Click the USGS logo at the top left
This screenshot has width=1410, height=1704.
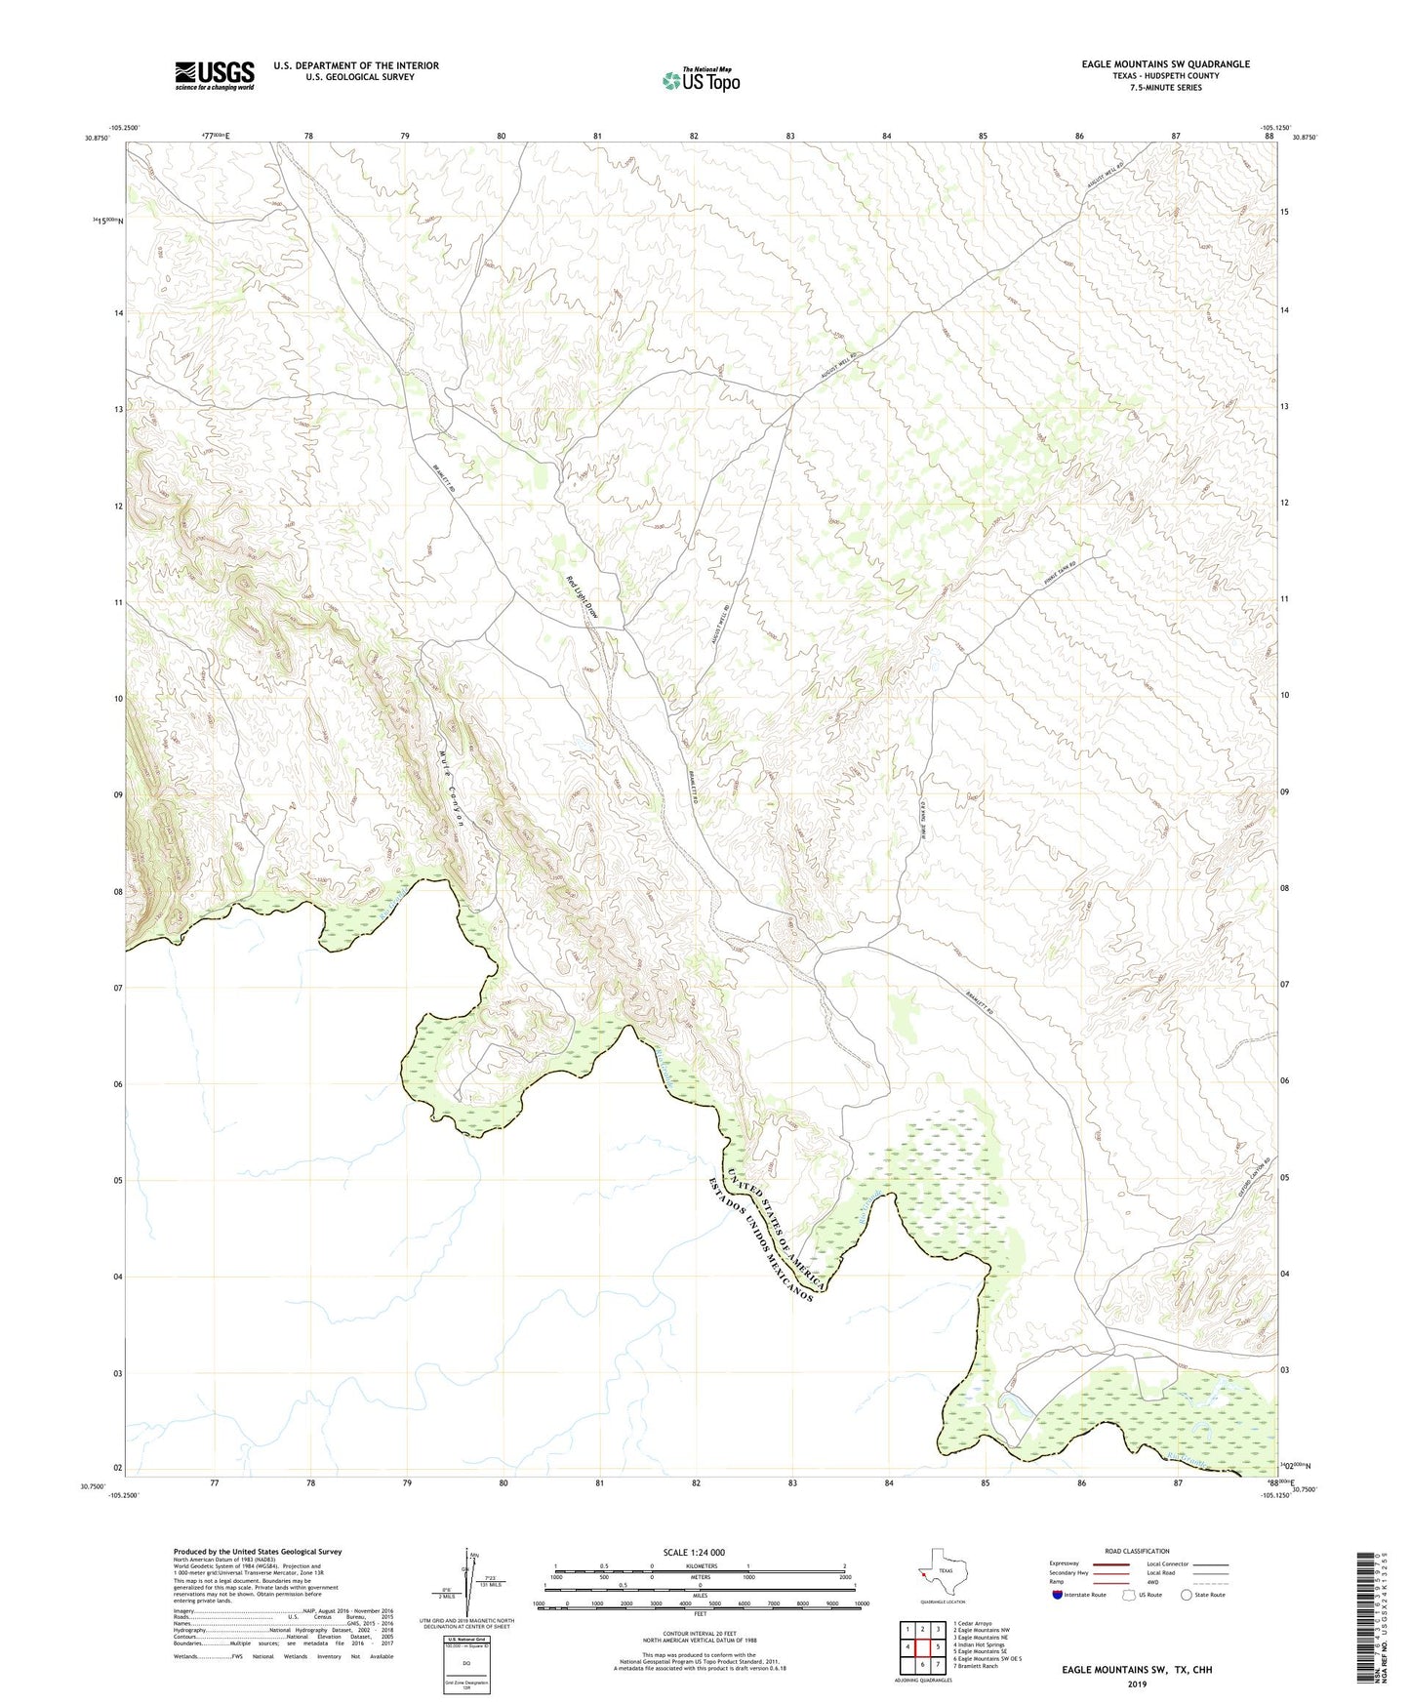(214, 75)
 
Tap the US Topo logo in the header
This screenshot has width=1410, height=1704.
(701, 79)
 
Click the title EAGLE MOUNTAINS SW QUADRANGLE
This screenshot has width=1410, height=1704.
(1165, 64)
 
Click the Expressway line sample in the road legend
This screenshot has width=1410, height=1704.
(1110, 1563)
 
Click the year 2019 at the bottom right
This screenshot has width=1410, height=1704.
(1137, 1684)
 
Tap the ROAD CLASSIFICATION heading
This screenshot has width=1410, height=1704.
(1137, 1551)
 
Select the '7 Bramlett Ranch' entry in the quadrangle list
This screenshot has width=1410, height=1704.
(976, 1666)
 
